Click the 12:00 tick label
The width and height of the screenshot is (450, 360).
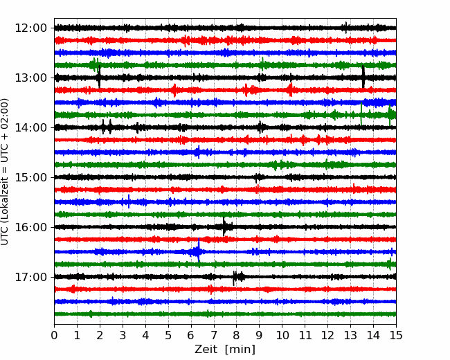pos(30,28)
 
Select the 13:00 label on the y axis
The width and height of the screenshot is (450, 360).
pos(30,78)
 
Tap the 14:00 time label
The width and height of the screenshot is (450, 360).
pos(30,127)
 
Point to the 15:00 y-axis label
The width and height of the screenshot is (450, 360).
pos(30,177)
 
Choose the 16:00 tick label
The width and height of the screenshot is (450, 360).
pos(30,227)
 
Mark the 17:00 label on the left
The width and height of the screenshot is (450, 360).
pos(30,277)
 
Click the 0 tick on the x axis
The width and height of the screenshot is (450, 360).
pos(54,335)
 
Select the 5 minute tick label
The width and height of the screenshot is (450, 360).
pos(168,335)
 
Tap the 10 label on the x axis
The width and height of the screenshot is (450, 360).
pos(282,335)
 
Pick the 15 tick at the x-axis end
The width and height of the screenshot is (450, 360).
pos(396,335)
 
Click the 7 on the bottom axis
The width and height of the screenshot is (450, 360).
pos(214,335)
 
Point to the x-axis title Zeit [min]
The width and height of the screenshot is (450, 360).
pos(225,350)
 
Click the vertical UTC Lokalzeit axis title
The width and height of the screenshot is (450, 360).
pos(5,172)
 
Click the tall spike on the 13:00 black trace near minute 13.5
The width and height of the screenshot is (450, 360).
pos(363,77)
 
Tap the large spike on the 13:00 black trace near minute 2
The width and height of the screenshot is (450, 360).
pos(99,77)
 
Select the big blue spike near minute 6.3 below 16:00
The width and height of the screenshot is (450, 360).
pos(199,250)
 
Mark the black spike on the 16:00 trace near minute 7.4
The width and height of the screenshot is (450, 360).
pos(224,226)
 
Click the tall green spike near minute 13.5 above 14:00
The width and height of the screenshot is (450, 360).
pos(361,114)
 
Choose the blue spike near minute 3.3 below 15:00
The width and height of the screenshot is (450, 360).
pos(129,201)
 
